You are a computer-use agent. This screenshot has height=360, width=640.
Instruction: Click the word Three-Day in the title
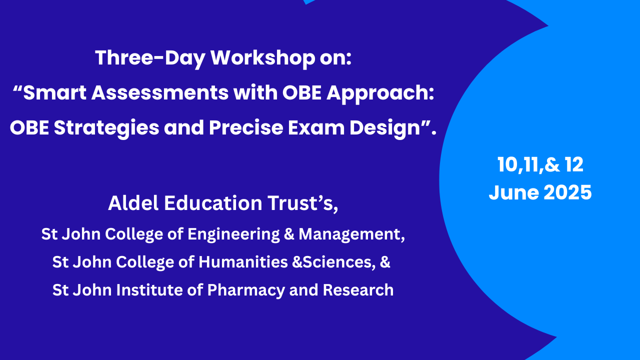pos(150,58)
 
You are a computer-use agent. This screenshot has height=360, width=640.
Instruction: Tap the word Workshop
pos(263,58)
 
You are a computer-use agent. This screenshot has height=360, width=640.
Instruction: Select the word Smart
pos(54,93)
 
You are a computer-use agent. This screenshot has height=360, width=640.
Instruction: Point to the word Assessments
pos(159,93)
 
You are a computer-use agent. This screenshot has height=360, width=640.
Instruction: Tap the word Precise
pos(246,127)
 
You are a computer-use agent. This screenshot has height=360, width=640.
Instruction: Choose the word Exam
pos(316,127)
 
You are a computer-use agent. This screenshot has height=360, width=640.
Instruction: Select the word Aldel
pos(133,203)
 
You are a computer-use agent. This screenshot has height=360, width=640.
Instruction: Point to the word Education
pos(213,203)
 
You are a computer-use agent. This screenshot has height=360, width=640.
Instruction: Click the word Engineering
pos(233,235)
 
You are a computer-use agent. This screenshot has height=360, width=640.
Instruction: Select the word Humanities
pos(243,262)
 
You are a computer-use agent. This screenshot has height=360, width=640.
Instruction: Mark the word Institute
pos(149,290)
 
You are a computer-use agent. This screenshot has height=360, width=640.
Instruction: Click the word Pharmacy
pos(246,291)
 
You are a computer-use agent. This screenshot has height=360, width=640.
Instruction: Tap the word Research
pos(358,290)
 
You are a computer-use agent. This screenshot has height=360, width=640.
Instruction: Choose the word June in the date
pos(513,192)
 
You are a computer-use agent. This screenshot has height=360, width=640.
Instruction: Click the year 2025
pos(567,192)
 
